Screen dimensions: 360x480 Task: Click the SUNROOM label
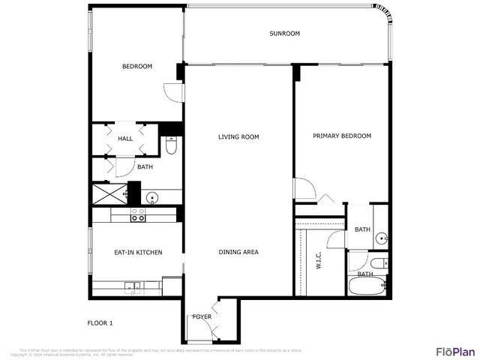click(x=284, y=34)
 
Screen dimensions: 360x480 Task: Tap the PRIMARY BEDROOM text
click(x=341, y=136)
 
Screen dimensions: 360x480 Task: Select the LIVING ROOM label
click(x=238, y=136)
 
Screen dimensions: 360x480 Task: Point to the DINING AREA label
click(x=238, y=252)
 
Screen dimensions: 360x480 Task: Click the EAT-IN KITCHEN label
click(x=138, y=252)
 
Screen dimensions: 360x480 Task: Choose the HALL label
click(x=125, y=139)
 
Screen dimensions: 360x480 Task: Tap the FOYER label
click(x=202, y=316)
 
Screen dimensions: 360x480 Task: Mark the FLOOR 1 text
click(x=100, y=323)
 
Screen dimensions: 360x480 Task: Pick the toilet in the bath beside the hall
click(x=170, y=146)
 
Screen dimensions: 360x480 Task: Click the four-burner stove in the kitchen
click(x=138, y=214)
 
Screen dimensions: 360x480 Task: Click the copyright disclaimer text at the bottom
click(x=160, y=352)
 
